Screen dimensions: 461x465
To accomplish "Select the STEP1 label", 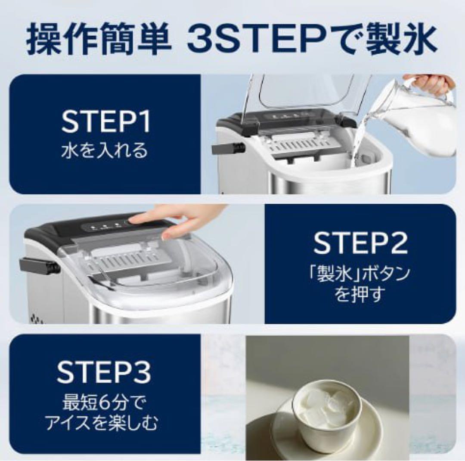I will pos(106,123).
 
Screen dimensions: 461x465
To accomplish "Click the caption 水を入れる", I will pos(105,151).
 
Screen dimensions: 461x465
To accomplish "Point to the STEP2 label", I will pos(360,243).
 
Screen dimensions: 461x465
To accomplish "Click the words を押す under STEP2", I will pos(360,296).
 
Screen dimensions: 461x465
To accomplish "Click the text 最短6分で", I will pos(104,404).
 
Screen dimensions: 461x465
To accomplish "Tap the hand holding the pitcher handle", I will pos(431,83).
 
